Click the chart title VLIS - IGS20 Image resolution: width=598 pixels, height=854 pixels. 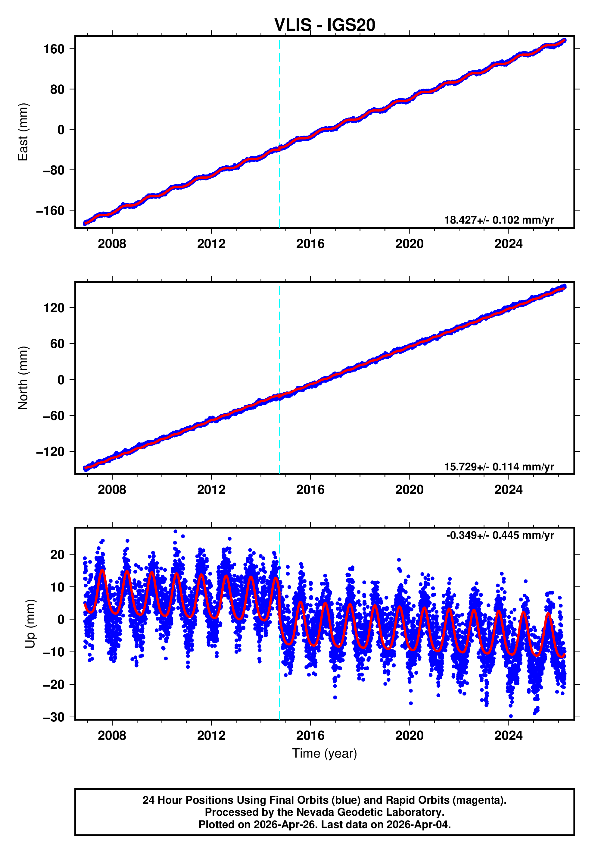click(325, 25)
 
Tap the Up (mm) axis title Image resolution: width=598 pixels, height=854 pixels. click(30, 624)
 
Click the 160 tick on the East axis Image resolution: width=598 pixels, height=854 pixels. click(54, 49)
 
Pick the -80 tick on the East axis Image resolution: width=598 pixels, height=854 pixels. click(54, 170)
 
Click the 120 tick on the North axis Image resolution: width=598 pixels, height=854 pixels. click(54, 308)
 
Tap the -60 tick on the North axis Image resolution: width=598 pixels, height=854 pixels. click(54, 416)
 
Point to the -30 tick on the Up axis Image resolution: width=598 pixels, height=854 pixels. click(54, 717)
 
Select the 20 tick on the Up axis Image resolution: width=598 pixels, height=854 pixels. click(57, 554)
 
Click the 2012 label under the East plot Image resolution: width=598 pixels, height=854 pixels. click(211, 244)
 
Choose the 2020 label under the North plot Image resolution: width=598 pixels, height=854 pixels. click(409, 490)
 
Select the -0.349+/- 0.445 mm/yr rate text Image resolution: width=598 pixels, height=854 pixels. click(500, 535)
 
